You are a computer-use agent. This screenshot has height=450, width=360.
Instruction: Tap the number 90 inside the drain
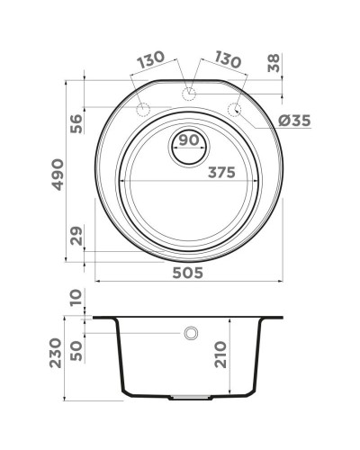187,140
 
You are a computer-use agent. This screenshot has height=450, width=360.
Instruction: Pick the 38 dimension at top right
274,63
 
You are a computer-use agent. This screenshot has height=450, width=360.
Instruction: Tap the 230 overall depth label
56,354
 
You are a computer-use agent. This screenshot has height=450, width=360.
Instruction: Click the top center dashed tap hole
188,94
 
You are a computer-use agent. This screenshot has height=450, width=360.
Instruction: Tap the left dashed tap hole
141,109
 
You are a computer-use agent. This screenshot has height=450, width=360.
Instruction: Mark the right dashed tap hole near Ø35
235,109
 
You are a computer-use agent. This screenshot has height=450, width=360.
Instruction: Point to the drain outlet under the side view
187,397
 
